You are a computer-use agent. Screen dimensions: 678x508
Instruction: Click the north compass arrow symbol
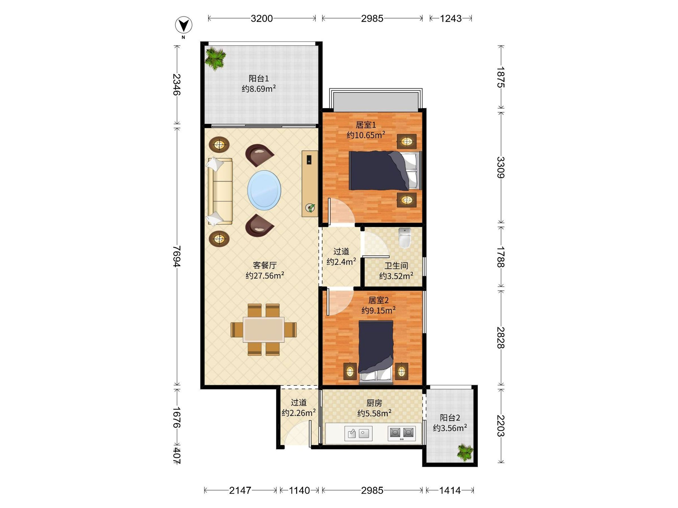coord(184,25)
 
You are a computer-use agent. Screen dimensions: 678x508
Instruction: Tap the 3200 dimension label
coord(262,18)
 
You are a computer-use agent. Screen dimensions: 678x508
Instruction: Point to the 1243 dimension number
coord(451,18)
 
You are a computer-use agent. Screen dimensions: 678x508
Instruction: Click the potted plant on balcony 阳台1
coord(216,58)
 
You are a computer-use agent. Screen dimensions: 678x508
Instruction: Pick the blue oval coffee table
coord(264,190)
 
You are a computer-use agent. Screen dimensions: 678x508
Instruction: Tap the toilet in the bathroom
coord(405,238)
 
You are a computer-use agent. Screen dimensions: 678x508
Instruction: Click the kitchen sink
coord(358,433)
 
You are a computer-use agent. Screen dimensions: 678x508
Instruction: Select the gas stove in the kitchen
coord(401,433)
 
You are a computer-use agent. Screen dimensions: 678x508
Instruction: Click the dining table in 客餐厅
coord(264,329)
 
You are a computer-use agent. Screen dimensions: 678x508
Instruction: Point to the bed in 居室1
coord(385,170)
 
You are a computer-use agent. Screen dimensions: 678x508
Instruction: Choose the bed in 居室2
coord(376,352)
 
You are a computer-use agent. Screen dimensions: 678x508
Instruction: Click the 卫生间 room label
coord(396,266)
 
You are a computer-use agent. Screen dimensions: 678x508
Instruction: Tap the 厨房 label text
coord(374,403)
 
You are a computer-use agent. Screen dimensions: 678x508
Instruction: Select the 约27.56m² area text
coord(265,275)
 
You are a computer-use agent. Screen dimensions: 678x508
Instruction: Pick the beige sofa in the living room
coord(220,191)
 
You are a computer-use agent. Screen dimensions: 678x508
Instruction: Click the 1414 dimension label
coord(450,491)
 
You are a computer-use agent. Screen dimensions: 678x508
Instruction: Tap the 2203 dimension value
coord(500,426)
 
